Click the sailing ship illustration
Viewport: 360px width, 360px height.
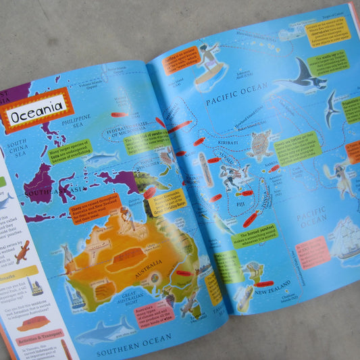344,236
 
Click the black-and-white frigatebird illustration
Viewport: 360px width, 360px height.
332,108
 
